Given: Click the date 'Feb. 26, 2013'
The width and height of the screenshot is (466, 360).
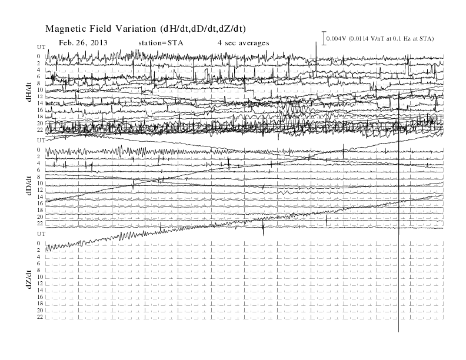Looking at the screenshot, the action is point(83,43).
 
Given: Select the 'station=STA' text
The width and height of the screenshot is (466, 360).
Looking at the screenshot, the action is point(161,43).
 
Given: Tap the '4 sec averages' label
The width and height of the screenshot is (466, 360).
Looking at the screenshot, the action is point(244,43).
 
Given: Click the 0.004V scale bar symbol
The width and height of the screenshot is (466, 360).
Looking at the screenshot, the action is point(324,38).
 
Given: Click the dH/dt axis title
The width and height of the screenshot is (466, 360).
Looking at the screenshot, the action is point(29,92).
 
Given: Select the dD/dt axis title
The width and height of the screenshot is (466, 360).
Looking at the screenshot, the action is point(29,185).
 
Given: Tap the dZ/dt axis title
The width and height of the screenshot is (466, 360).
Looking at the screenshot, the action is point(29,279).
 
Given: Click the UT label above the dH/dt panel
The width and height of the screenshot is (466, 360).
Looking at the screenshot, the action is point(41,47).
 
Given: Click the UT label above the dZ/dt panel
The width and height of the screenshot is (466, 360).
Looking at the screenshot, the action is point(41,234).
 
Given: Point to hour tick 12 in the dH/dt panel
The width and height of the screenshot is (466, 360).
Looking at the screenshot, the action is point(40,96).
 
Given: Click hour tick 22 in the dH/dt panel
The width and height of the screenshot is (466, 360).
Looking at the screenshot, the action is point(40,130).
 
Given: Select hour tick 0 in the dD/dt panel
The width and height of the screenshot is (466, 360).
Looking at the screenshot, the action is point(38,149).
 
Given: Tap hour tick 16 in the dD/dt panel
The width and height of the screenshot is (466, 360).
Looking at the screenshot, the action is point(40,203).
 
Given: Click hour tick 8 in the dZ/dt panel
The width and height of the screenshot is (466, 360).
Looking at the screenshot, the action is point(38,270).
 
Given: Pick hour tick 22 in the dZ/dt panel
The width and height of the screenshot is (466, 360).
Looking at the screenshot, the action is point(40,317).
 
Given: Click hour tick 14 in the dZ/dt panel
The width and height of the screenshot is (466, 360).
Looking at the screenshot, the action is point(40,290).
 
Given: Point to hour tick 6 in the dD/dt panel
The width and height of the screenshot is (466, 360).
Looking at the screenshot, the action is point(38,170).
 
